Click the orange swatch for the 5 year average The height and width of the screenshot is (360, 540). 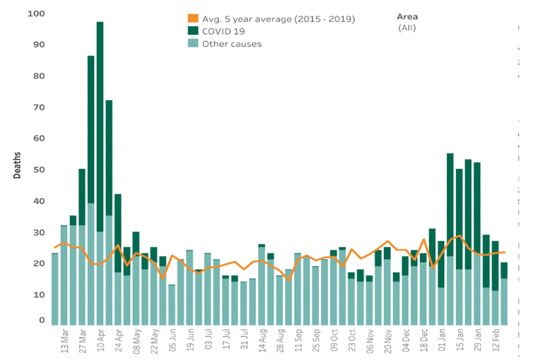[x=192, y=19]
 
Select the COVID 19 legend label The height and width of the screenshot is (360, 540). [x=224, y=31]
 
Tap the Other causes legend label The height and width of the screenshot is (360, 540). [x=232, y=44]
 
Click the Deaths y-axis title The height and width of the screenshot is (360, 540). [x=17, y=165]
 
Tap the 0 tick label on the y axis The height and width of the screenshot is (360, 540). [x=42, y=320]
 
